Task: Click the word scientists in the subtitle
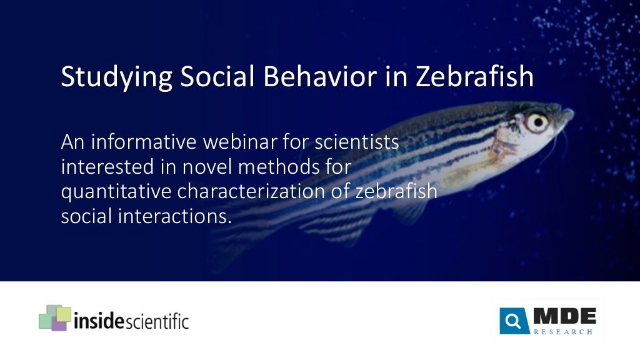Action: pyautogui.click(x=356, y=142)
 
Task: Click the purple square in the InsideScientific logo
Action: pyautogui.click(x=59, y=323)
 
